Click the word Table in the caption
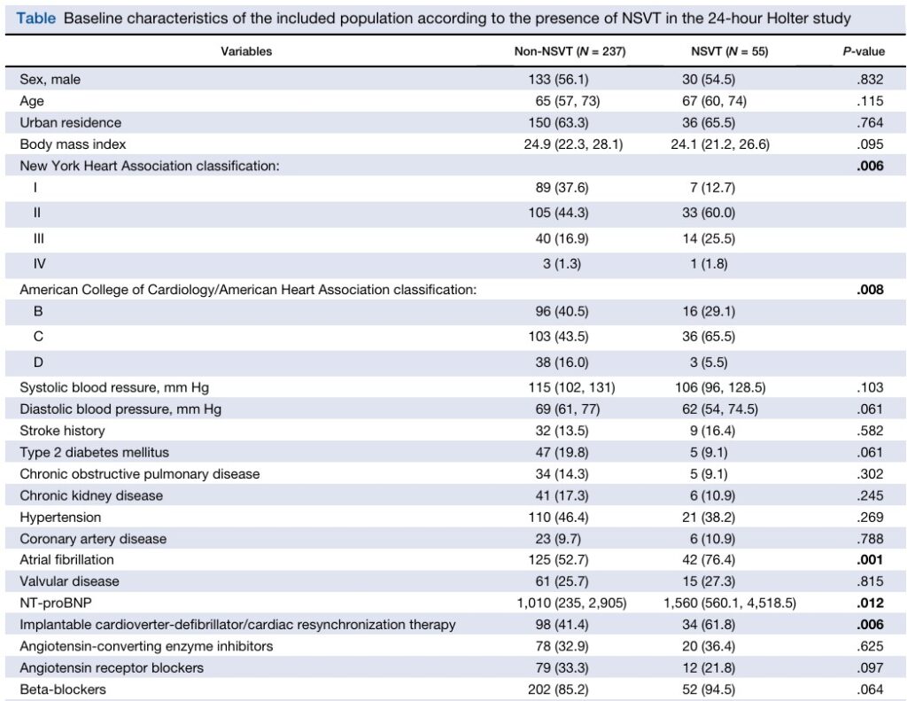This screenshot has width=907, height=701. pos(35,19)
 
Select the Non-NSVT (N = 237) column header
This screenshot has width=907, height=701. pos(570,51)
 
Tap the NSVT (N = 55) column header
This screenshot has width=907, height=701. pos(730,51)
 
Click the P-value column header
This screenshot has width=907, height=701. pos(863,51)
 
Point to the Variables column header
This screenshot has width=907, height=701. pos(246,51)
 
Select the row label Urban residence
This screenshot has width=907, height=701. pos(71,122)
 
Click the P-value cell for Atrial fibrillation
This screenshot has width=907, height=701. pos(870,560)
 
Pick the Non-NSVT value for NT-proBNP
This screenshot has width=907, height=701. pos(571,604)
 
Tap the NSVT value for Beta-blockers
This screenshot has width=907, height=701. pos(709,689)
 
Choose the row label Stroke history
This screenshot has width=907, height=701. pos(63,431)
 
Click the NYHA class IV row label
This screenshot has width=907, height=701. pos(39,264)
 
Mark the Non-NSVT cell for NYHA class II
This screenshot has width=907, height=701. pos(558,213)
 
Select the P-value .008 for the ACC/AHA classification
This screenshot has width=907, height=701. pos(870,290)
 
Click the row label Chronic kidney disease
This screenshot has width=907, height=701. pos(91,495)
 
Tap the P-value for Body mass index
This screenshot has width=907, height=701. pos(870,144)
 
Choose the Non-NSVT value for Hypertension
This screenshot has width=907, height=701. pos(558,517)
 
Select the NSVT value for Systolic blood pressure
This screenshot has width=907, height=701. pos(720,387)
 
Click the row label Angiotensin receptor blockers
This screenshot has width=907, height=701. pos(112,668)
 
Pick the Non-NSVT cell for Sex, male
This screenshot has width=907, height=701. pos(558,79)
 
